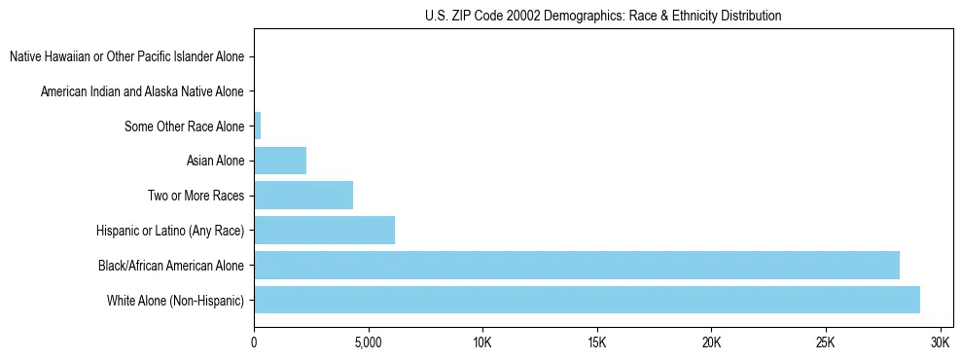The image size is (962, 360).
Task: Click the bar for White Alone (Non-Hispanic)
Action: [587, 300]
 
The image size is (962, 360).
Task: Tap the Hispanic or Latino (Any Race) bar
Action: [324, 231]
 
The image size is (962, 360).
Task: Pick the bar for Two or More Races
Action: [303, 196]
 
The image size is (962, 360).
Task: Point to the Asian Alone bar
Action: [280, 161]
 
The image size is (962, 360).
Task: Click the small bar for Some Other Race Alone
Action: [258, 126]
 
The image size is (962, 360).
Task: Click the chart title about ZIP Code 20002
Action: [603, 16]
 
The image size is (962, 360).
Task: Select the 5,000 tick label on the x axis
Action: [368, 343]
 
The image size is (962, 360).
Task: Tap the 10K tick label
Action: [482, 343]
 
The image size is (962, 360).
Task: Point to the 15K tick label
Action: [597, 343]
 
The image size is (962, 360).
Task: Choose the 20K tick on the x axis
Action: [711, 343]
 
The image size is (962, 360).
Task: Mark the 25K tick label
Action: [826, 343]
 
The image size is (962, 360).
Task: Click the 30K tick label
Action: [940, 343]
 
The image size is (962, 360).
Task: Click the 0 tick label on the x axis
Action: [254, 343]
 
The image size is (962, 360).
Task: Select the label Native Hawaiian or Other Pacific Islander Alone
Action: [127, 56]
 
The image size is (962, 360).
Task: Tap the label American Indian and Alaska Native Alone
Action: [143, 91]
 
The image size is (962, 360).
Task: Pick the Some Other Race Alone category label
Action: [185, 126]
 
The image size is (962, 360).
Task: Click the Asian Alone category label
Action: [215, 161]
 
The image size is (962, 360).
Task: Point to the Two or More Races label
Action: [196, 196]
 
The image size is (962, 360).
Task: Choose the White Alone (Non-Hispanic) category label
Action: [176, 300]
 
